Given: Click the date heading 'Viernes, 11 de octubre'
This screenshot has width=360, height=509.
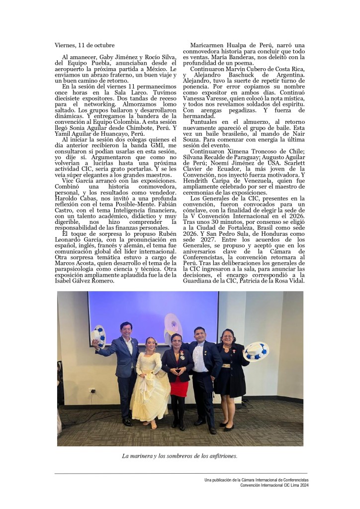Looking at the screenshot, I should click(85, 45).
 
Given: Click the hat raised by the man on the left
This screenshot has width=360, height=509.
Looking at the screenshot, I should click(98, 335).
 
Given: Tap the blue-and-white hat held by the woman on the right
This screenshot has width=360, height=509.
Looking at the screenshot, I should click(256, 351).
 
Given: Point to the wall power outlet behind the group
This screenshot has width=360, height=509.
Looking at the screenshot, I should click(92, 390).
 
